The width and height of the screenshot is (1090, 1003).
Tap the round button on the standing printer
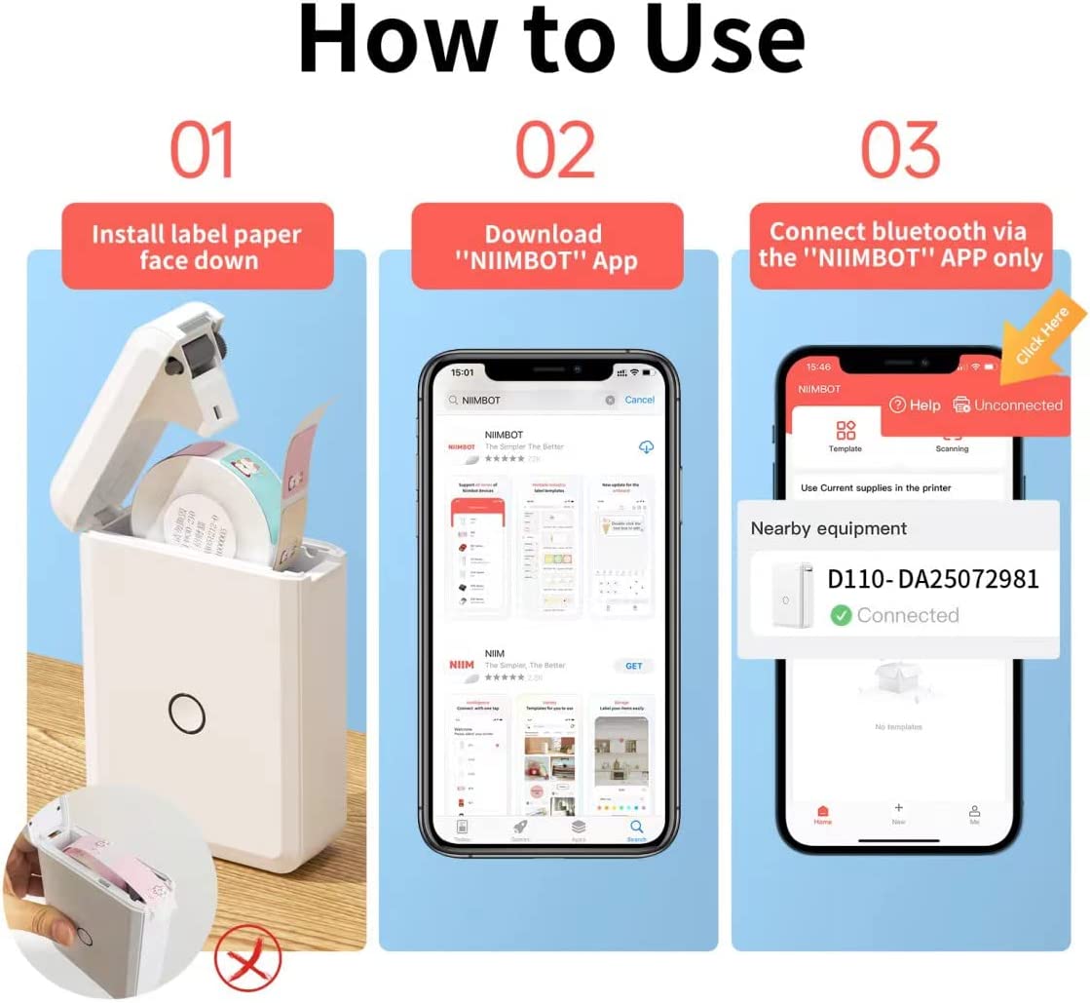coord(186,713)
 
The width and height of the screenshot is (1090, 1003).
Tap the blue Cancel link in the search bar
coord(639,400)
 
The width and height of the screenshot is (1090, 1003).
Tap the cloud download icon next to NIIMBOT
coord(645,446)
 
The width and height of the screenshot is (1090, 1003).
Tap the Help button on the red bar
coord(915,405)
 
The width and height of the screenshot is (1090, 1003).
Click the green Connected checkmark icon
coord(841,615)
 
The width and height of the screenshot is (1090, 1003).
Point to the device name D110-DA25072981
coord(933,579)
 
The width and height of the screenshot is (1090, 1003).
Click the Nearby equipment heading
coord(828,528)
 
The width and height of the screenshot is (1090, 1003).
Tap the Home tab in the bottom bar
coord(822,815)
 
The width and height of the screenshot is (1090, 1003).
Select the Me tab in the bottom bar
coord(973,815)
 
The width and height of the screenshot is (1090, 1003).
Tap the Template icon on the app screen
coord(845,436)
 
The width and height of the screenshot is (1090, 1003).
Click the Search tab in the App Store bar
coord(636,830)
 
